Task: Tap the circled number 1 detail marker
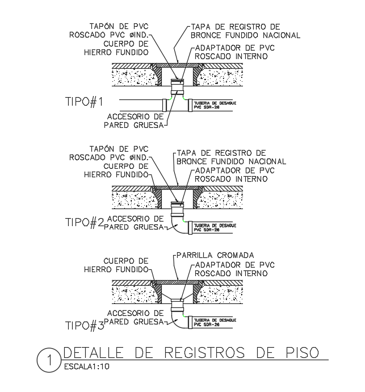[x=49, y=360]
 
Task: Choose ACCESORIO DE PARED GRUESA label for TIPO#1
[x=135, y=120]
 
